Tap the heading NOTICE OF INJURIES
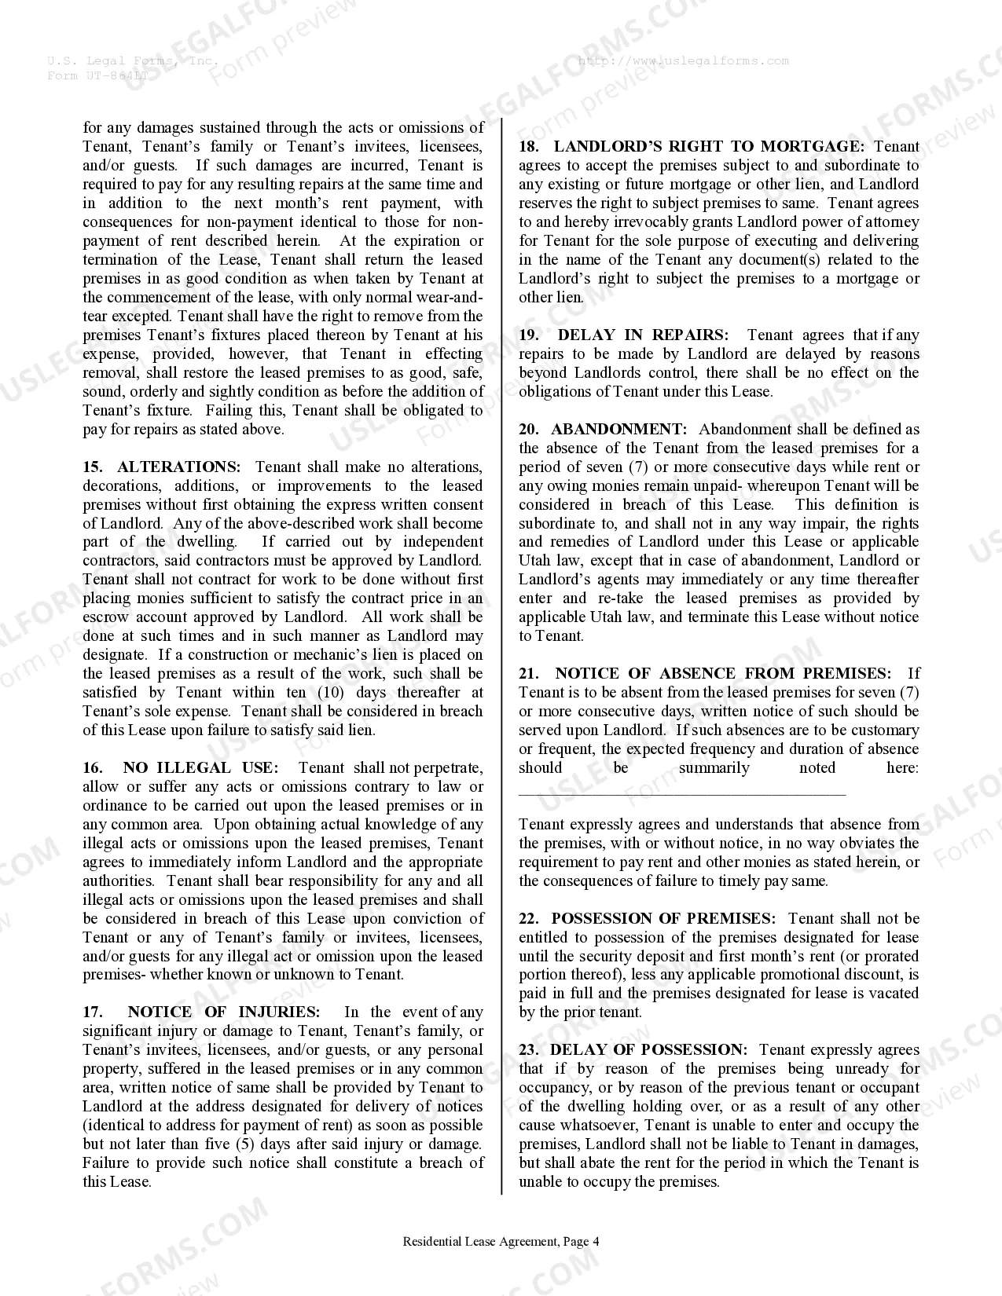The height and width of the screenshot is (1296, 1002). (224, 1012)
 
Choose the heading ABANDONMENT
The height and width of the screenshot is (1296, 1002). (618, 430)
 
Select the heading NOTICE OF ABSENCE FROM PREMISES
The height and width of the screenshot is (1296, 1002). (723, 674)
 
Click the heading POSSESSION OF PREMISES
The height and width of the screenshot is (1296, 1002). (663, 919)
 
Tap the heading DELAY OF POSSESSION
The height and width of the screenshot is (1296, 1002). (649, 1050)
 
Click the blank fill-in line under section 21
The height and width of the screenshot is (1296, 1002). (681, 793)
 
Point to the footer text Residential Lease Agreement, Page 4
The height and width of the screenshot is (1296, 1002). (501, 1242)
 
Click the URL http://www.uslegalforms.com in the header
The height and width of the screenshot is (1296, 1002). (683, 61)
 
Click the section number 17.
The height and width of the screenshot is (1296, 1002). (92, 1012)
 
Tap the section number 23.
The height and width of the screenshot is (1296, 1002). (528, 1050)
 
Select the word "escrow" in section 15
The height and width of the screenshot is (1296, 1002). (106, 617)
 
